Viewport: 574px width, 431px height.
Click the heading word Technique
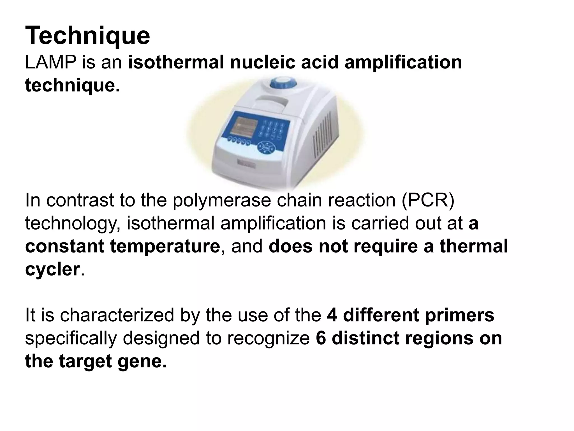click(87, 36)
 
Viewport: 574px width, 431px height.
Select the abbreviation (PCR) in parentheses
click(428, 200)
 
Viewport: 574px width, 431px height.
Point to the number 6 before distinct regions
click(321, 338)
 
